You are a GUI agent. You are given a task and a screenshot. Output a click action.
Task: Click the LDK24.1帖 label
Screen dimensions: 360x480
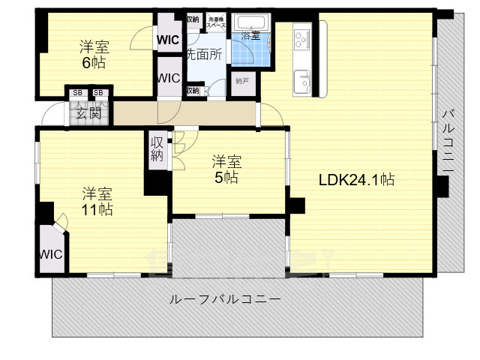pos(356,180)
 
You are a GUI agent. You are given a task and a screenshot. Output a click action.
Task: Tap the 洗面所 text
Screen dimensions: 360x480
pos(204,54)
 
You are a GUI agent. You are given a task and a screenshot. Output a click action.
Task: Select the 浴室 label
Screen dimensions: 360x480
pos(250,35)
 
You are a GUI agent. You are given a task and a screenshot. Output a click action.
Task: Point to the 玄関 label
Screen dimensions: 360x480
pos(88,113)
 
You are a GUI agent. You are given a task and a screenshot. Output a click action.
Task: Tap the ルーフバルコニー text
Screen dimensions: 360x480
pos(225,298)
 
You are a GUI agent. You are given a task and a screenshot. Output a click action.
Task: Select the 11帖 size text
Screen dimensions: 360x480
pos(97,210)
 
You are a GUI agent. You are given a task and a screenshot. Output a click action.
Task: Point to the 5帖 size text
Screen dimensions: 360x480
pos(226,178)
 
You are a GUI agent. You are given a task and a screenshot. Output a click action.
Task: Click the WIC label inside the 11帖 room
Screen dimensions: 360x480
pos(50,253)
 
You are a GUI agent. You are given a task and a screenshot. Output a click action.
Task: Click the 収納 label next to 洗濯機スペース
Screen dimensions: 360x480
pos(193,19)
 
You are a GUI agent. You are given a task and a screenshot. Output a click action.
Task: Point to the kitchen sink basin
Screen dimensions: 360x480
pos(304,79)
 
